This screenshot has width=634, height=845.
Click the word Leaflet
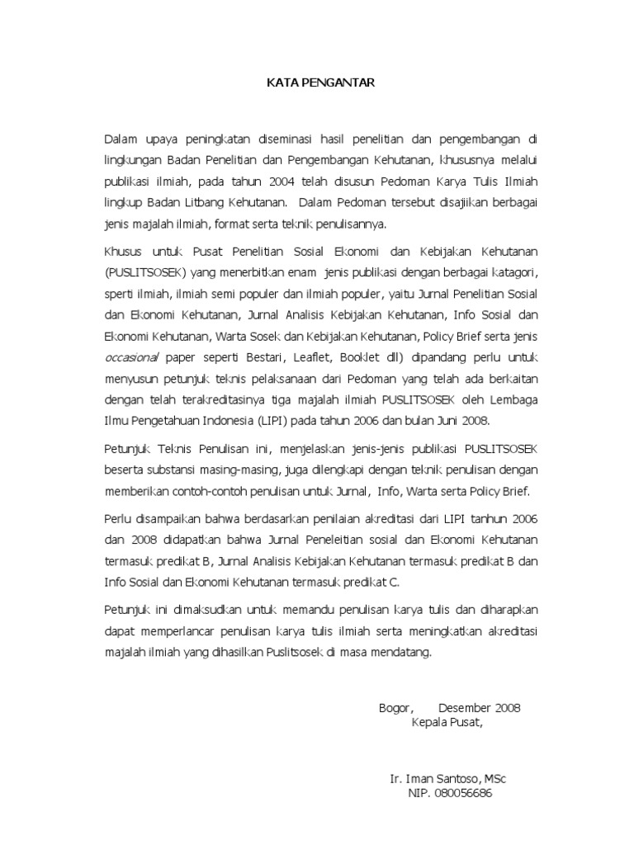(340, 359)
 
